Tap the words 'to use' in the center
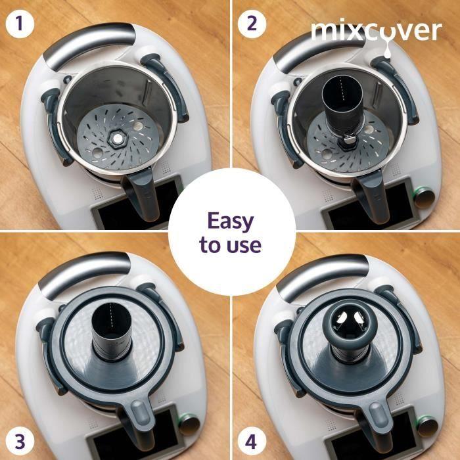coord(230,245)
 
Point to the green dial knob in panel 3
coord(189,421)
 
